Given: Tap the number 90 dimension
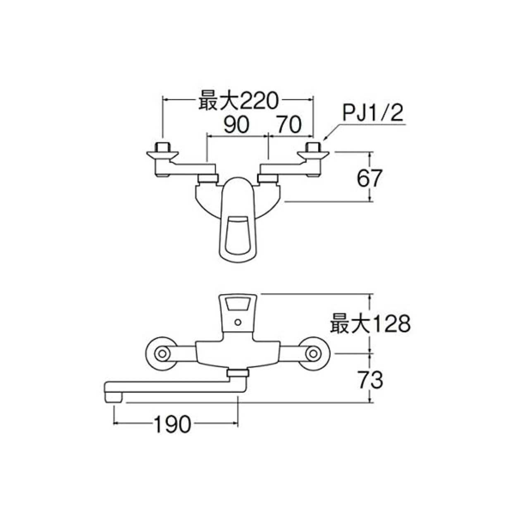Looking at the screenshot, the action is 236,124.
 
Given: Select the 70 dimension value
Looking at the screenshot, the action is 289,124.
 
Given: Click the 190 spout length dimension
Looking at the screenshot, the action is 172,424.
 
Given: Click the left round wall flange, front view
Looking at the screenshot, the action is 162,354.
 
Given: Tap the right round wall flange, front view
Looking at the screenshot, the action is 314,354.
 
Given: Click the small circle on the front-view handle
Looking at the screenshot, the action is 237,322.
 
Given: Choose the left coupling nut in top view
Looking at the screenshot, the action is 207,179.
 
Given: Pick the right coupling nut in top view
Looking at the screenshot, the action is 267,179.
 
